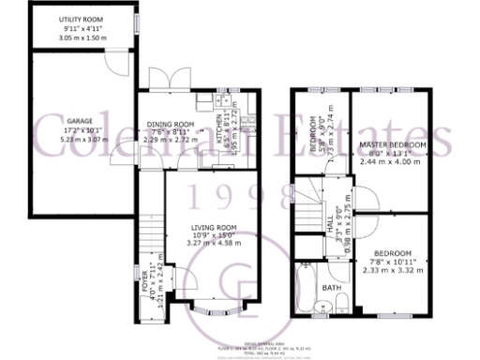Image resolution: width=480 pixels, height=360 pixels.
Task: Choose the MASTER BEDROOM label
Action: coord(393,146)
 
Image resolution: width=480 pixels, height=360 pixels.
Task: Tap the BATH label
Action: coord(332,288)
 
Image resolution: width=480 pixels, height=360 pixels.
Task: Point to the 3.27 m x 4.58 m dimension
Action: coord(214,243)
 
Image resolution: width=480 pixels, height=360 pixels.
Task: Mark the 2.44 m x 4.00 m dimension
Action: coord(393,162)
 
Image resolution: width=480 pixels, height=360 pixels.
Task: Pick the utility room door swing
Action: coord(117,63)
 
